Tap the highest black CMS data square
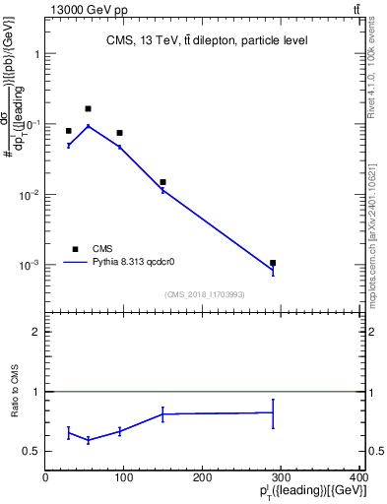[x=88, y=108]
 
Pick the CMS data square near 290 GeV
[x=273, y=263]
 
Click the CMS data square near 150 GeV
[x=162, y=182]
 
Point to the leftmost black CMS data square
[x=68, y=131]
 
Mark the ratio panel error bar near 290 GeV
[x=273, y=413]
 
